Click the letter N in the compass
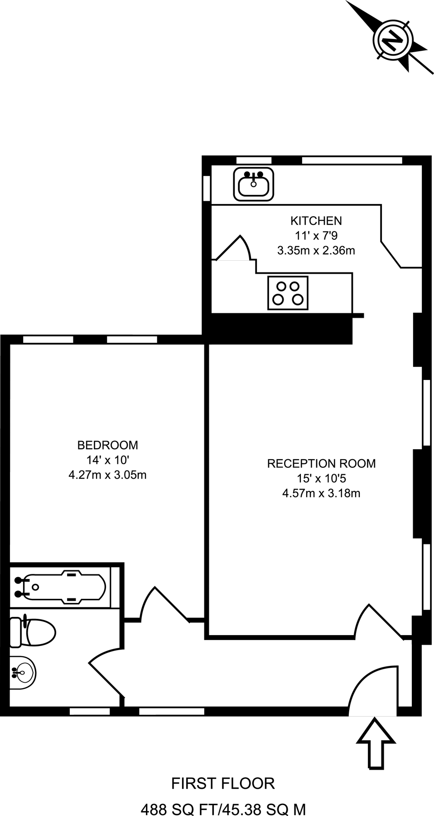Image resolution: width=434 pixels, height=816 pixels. tap(393, 40)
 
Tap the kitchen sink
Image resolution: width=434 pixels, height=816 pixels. tap(254, 184)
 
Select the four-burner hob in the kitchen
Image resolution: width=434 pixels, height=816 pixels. tap(288, 293)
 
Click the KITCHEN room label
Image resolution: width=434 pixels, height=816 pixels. tap(316, 221)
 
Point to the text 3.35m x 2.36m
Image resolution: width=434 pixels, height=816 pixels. tap(316, 250)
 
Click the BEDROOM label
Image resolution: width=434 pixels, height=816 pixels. tap(107, 445)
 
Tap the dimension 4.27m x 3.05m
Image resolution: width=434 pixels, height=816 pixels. tap(107, 475)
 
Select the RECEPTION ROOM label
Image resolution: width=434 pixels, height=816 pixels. tap(321, 463)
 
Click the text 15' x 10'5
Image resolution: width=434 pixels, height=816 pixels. tap(321, 478)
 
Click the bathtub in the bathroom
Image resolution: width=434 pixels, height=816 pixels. tap(63, 587)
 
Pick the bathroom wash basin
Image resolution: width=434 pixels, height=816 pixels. tap(21, 672)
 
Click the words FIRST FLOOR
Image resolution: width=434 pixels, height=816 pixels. tap(223, 783)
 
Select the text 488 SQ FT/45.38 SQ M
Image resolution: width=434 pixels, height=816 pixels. tap(223, 809)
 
